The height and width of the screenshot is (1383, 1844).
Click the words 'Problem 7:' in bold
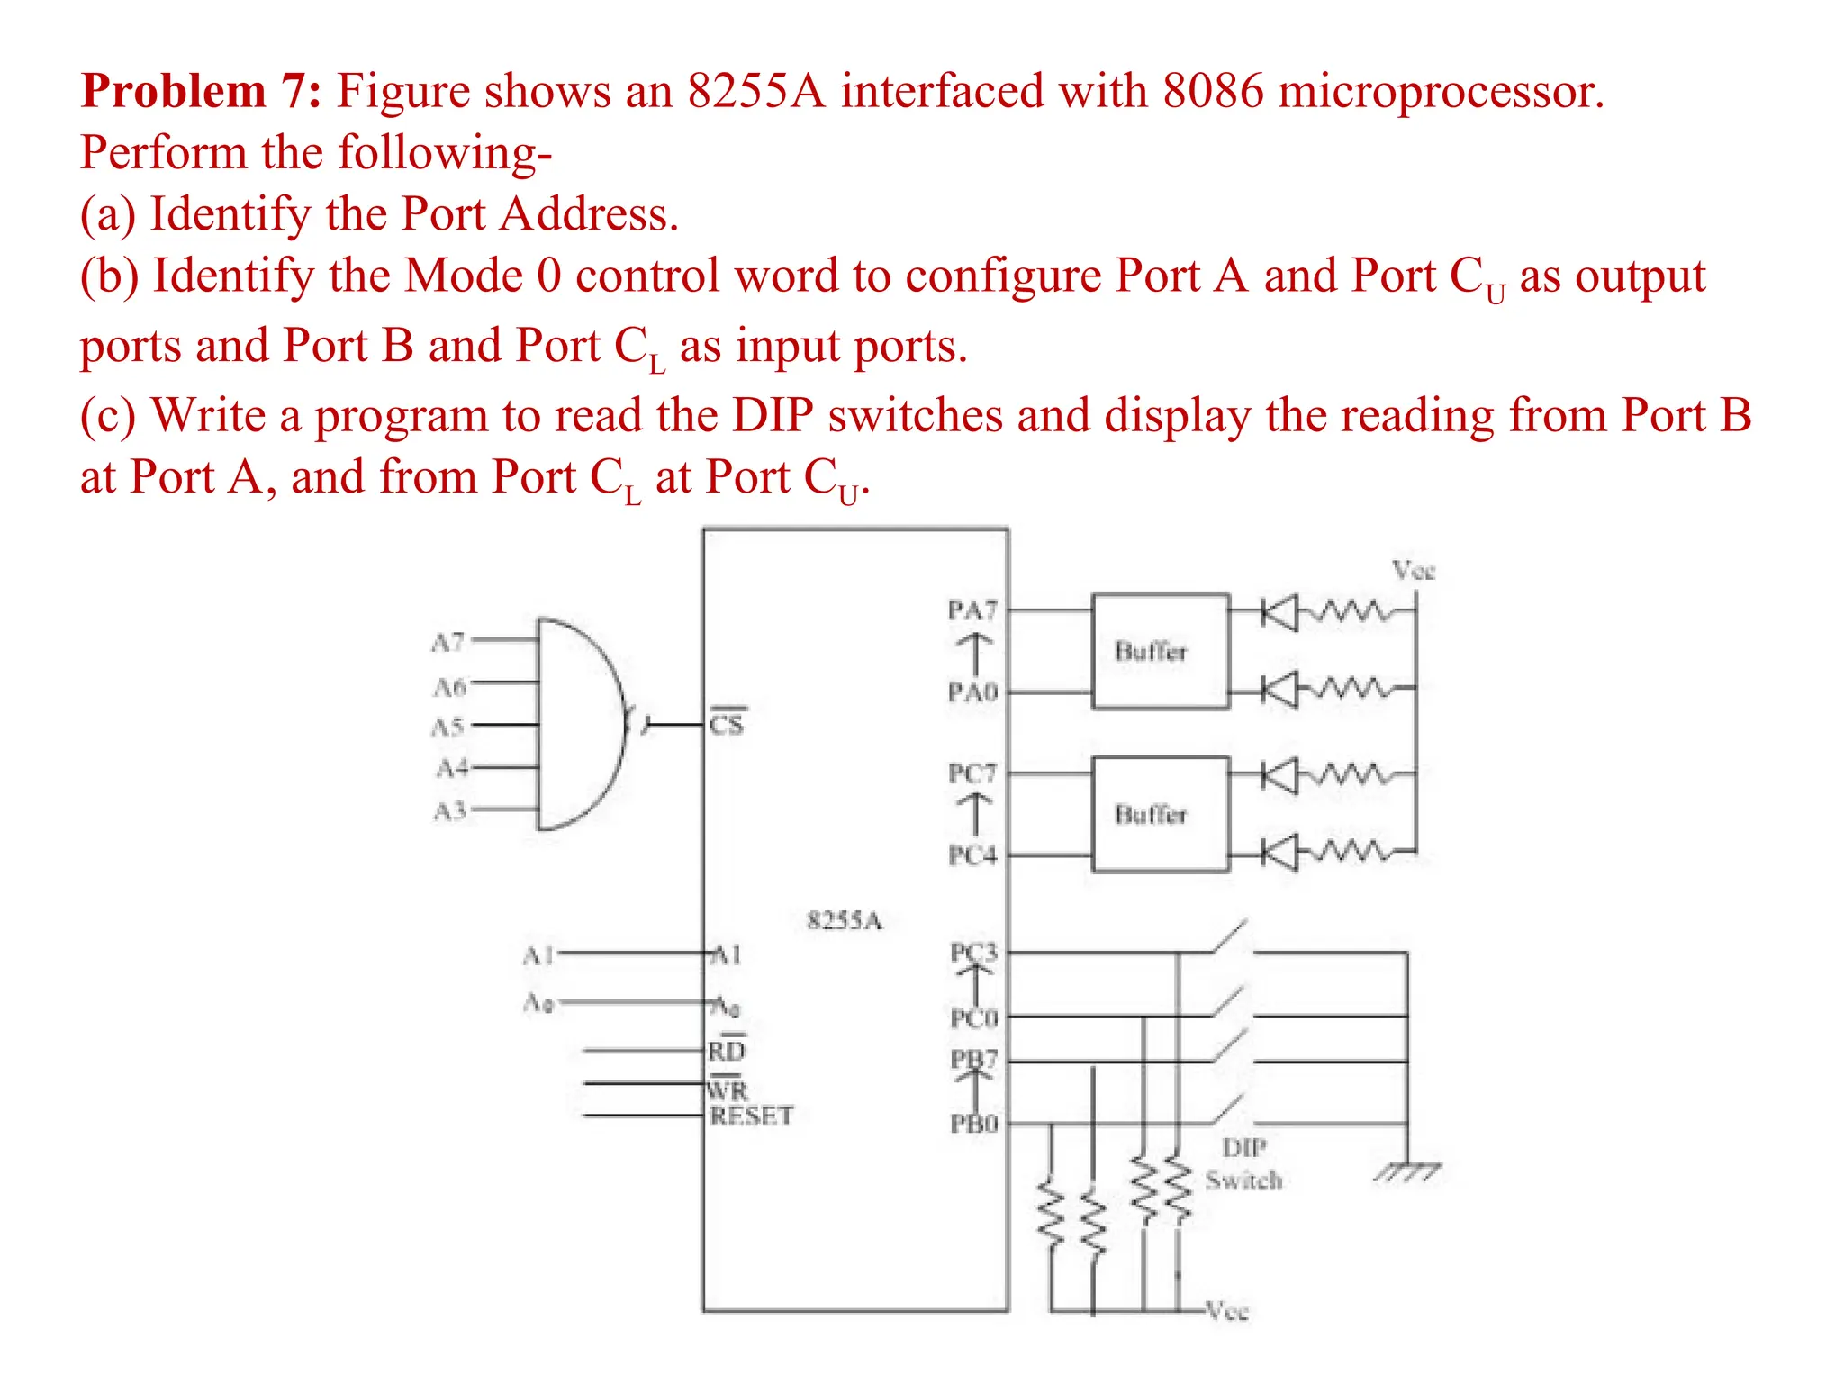pos(200,91)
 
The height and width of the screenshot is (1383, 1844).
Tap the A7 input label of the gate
pos(447,643)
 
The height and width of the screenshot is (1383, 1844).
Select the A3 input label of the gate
pos(449,811)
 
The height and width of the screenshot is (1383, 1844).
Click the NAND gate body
pos(576,723)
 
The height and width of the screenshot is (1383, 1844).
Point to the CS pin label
pos(727,724)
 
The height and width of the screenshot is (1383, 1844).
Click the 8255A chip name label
pos(844,920)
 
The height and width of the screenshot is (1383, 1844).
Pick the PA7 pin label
pos(972,610)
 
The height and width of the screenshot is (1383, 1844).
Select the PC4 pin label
pos(972,854)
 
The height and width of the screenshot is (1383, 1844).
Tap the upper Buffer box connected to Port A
pos(1160,651)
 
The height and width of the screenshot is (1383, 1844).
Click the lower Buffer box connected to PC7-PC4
pos(1160,814)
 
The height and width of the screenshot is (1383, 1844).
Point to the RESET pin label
pos(751,1116)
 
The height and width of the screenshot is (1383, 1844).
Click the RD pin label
pos(727,1051)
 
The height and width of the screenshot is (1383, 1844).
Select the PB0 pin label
pos(974,1124)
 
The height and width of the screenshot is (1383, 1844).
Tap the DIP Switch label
pos(1243,1163)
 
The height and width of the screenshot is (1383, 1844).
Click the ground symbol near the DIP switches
pos(1406,1171)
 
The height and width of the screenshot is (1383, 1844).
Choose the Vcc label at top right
pos(1413,570)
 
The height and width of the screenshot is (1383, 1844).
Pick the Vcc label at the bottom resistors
pos(1227,1311)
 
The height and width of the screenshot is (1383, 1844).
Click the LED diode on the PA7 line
pos(1279,613)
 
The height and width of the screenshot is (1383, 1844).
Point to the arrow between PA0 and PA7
pos(973,651)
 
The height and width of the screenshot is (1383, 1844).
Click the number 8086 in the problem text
pos(1213,91)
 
